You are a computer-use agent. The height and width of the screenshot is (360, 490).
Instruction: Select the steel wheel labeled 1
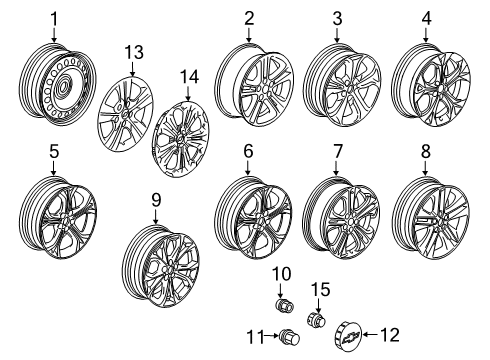[x=57, y=88]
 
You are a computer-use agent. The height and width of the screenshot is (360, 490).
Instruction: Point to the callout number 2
[x=248, y=18]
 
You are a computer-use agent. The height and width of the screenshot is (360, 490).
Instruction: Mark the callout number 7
[x=338, y=152]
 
